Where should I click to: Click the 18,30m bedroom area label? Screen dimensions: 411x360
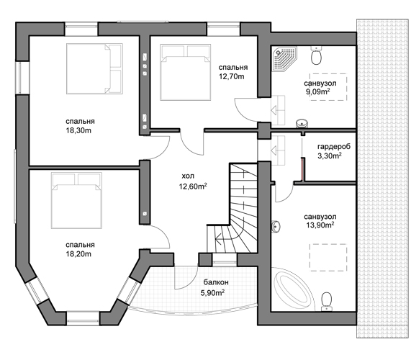pyautogui.click(x=78, y=130)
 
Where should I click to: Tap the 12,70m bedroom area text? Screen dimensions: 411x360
pyautogui.click(x=232, y=76)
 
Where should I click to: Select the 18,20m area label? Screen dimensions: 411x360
pyautogui.click(x=78, y=254)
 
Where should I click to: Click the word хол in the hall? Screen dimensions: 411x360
pyautogui.click(x=188, y=176)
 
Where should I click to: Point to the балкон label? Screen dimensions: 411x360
pyautogui.click(x=216, y=282)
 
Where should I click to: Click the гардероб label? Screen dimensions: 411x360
pyautogui.click(x=334, y=147)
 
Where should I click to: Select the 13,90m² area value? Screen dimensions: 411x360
pyautogui.click(x=320, y=225)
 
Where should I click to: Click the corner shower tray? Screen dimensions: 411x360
pyautogui.click(x=284, y=59)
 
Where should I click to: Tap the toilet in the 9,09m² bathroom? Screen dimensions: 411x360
pyautogui.click(x=317, y=55)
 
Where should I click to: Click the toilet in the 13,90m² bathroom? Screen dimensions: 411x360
pyautogui.click(x=326, y=302)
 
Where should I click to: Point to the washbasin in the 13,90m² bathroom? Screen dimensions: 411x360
pyautogui.click(x=276, y=226)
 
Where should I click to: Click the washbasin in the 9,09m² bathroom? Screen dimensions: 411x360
pyautogui.click(x=302, y=123)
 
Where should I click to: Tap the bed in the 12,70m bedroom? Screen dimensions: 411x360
pyautogui.click(x=186, y=72)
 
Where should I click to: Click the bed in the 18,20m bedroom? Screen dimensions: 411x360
pyautogui.click(x=76, y=200)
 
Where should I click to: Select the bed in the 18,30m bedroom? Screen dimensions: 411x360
pyautogui.click(x=94, y=68)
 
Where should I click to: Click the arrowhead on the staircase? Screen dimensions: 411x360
pyautogui.click(x=218, y=239)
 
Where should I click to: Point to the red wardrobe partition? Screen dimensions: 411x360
pyautogui.click(x=302, y=169)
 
